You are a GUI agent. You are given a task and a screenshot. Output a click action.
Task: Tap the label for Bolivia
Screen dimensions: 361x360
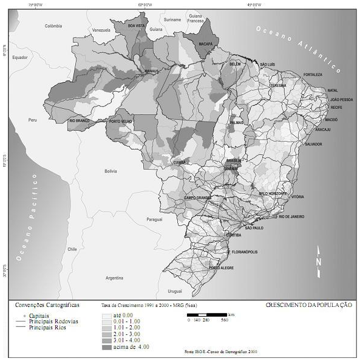pyautogui.click(x=110, y=171)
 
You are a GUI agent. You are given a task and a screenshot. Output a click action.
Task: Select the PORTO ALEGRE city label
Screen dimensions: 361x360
pyautogui.click(x=221, y=268)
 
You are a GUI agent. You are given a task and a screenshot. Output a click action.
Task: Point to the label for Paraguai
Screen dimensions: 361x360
pyautogui.click(x=155, y=219)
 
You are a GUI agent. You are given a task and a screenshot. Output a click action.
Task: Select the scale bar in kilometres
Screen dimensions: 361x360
pyautogui.click(x=207, y=314)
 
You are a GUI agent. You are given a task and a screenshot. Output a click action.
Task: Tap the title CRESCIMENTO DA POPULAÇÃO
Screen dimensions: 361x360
pyautogui.click(x=308, y=304)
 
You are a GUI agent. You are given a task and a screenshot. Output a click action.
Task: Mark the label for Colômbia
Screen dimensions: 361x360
pyautogui.click(x=53, y=26)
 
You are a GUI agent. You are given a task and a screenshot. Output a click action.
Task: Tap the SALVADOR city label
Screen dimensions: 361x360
pyautogui.click(x=313, y=144)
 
